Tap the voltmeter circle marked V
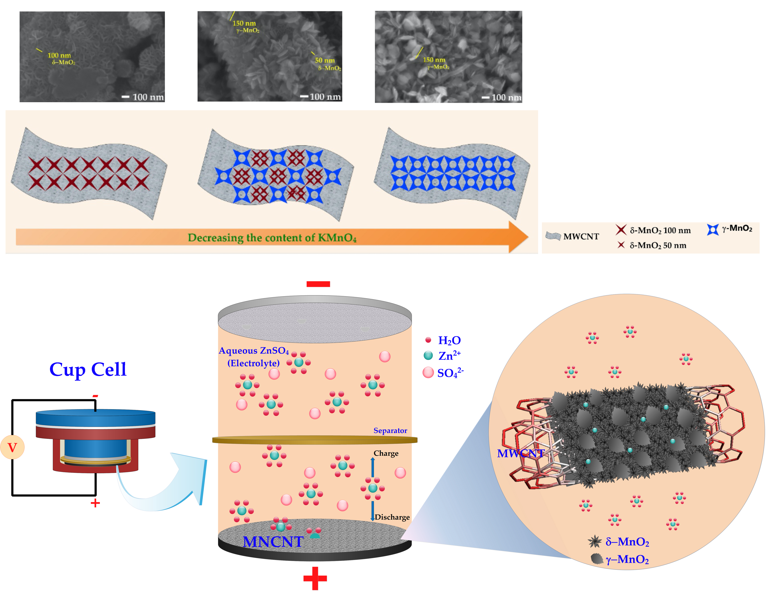tap(12, 447)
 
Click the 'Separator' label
tap(390, 431)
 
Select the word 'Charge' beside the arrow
tap(386, 453)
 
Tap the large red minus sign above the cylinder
tap(318, 284)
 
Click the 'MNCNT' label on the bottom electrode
tap(273, 542)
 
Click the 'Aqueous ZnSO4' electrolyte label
tap(254, 351)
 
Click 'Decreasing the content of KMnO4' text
tap(272, 238)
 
